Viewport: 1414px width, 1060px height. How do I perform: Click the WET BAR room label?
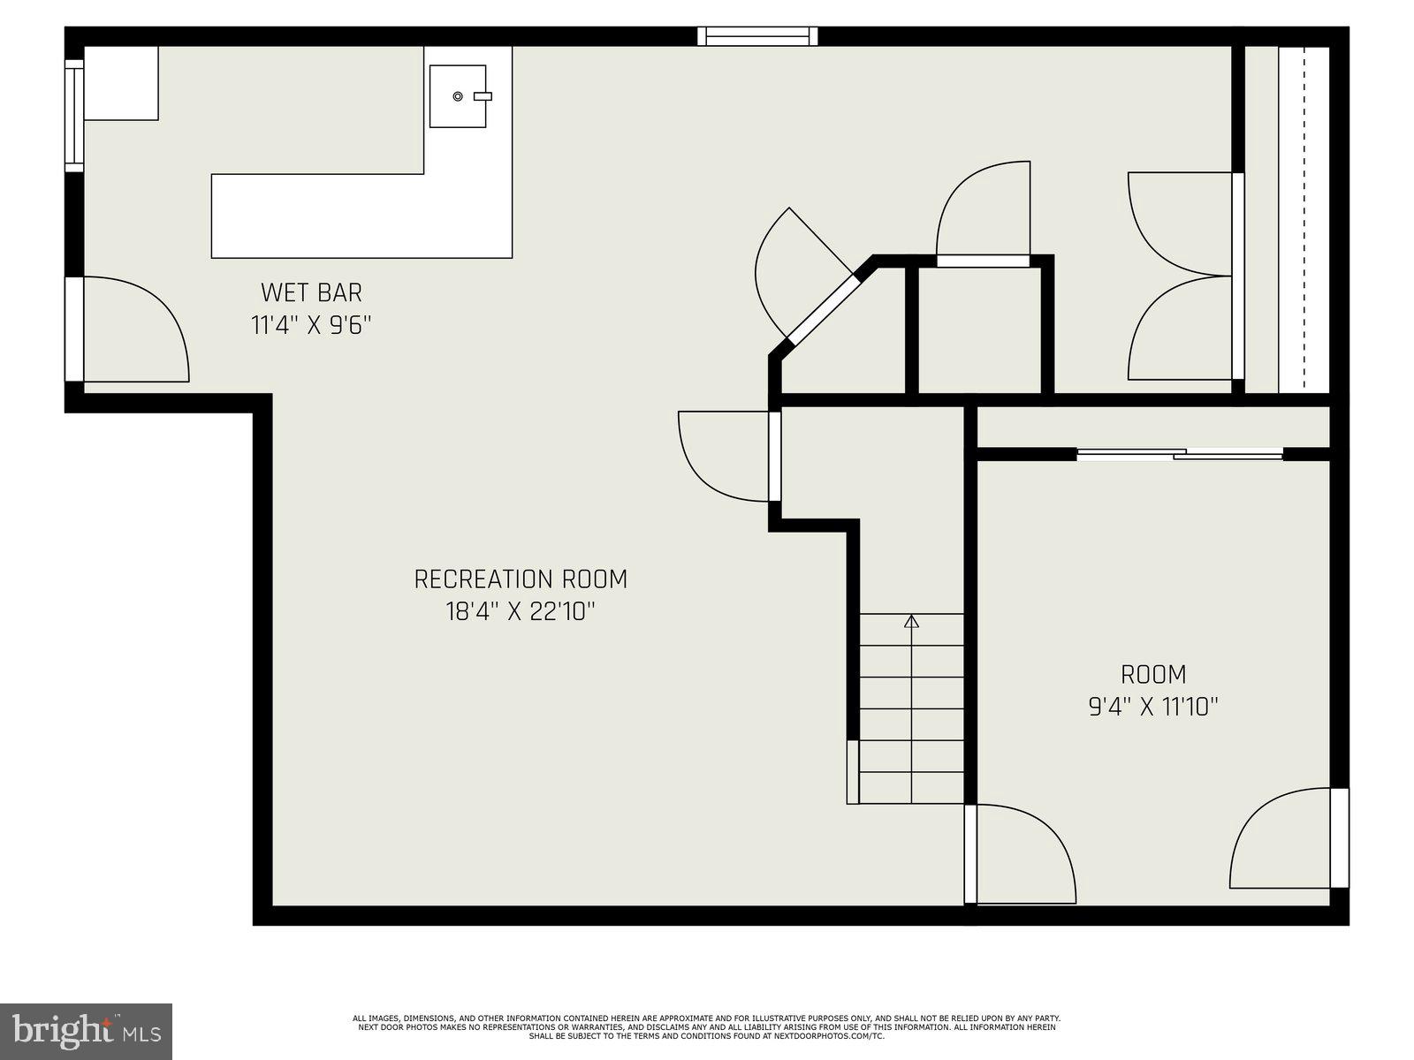tap(311, 291)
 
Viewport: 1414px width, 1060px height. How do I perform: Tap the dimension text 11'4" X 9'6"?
tap(311, 325)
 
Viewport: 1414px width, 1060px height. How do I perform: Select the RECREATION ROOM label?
tap(521, 579)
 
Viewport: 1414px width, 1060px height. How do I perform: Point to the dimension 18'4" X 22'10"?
tap(521, 611)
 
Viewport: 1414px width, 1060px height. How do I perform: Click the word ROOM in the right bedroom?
tap(1153, 675)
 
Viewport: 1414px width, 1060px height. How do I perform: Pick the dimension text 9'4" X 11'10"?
tap(1153, 707)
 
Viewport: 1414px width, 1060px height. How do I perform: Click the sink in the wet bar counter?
tap(458, 95)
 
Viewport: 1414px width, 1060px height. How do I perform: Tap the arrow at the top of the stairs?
tap(912, 622)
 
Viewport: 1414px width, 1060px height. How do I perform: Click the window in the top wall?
tap(757, 36)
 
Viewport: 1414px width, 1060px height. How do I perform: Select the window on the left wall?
tap(74, 115)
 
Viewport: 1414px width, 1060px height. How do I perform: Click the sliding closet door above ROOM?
tap(1180, 454)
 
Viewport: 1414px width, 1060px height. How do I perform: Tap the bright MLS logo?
tap(86, 1030)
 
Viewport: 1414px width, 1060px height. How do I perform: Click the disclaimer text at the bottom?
tap(706, 1026)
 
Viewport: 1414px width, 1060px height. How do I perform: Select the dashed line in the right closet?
tap(1304, 221)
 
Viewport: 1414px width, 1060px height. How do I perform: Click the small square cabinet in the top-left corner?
tap(121, 83)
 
